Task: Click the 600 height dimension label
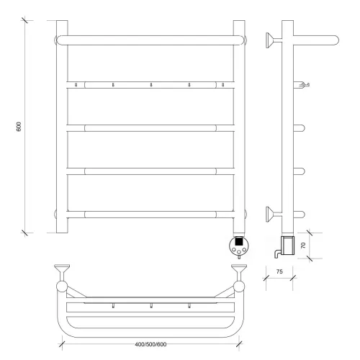point(19,127)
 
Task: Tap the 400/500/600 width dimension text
point(150,344)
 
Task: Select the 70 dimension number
point(303,246)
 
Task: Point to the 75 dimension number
point(279,271)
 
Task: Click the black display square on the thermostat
point(239,240)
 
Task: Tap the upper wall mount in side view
point(274,40)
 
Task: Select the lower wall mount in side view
point(274,214)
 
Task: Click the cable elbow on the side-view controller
point(277,253)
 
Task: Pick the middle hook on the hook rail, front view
point(151,85)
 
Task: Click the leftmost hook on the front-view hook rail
point(76,85)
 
